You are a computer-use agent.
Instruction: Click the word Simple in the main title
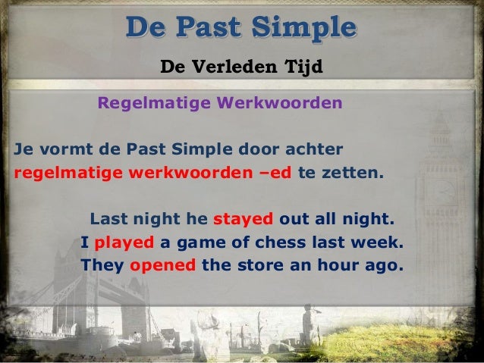pyautogui.click(x=301, y=27)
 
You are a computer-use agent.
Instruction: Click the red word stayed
pyautogui.click(x=244, y=220)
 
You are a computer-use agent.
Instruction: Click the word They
pyautogui.click(x=102, y=267)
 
